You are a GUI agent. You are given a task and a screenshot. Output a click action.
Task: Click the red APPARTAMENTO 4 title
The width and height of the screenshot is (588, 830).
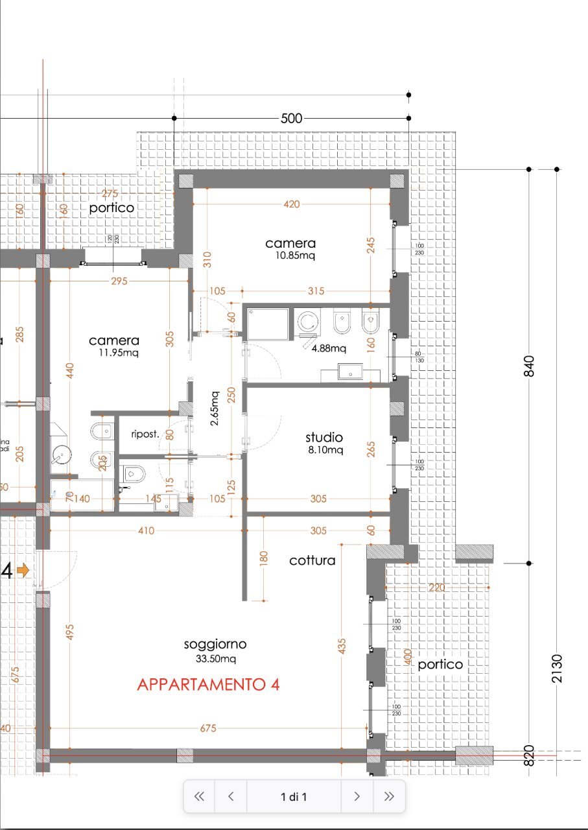[208, 685]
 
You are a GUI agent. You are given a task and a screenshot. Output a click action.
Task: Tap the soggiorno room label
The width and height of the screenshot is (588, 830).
[215, 644]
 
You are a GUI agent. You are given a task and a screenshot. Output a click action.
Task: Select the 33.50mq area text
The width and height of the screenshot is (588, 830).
[215, 659]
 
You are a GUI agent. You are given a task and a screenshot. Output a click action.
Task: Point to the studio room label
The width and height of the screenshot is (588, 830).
[324, 437]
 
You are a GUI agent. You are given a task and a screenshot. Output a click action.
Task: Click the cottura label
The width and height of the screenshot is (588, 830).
[312, 560]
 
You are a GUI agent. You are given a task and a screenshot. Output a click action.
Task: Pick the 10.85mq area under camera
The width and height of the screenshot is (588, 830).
[290, 255]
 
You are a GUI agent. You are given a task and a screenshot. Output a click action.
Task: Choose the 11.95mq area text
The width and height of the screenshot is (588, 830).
[114, 353]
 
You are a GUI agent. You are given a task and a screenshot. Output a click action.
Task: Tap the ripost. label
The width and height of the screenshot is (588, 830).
[145, 434]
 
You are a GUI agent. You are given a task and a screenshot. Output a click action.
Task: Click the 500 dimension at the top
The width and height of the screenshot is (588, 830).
[291, 119]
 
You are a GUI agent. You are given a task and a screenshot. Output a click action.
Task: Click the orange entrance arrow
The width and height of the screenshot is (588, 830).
[23, 571]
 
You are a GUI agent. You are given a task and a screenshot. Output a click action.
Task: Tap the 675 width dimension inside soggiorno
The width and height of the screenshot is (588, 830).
[207, 728]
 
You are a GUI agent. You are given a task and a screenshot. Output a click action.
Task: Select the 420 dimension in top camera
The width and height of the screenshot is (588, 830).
[292, 204]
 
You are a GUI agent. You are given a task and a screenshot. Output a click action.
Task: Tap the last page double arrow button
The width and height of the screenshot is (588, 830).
[388, 797]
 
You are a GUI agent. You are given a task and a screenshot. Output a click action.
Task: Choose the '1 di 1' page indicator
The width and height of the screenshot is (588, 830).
[294, 797]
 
